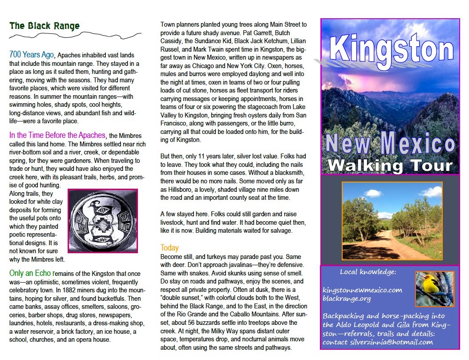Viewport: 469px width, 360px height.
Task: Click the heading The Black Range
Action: pyautogui.click(x=44, y=26)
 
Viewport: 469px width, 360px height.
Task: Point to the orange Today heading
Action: pyautogui.click(x=170, y=248)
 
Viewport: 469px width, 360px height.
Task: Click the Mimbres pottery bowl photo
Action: pyautogui.click(x=103, y=221)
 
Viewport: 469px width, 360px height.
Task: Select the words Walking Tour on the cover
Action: pyautogui.click(x=390, y=165)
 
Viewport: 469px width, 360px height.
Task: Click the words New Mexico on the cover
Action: pyautogui.click(x=390, y=143)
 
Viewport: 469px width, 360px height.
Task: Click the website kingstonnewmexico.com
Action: pyautogui.click(x=362, y=290)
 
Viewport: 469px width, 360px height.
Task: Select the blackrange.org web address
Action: pyautogui.click(x=347, y=299)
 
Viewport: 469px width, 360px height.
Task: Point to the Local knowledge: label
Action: pyautogui.click(x=368, y=272)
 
